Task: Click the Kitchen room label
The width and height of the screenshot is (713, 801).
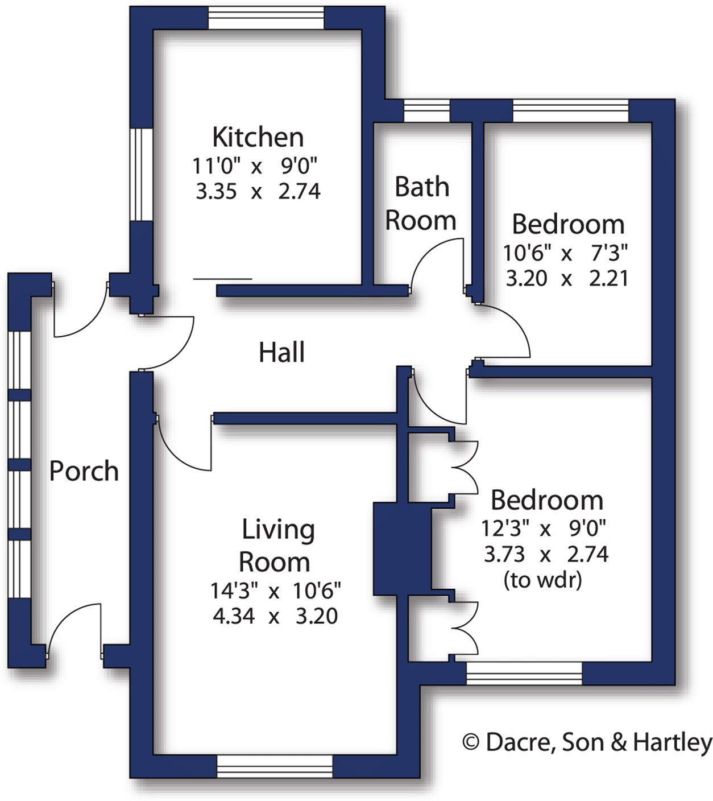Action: point(258,137)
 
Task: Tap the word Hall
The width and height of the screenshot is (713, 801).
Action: point(281,352)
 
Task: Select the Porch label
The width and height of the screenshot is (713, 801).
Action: point(84,471)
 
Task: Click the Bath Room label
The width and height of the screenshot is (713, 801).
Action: point(421,204)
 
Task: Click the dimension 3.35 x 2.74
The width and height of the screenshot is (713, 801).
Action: point(258,191)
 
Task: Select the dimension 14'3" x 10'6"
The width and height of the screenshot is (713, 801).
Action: point(275,591)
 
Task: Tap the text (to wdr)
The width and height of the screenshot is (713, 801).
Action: point(542,580)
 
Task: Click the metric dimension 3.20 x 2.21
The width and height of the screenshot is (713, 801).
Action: point(566,278)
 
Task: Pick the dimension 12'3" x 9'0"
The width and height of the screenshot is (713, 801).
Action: point(544,529)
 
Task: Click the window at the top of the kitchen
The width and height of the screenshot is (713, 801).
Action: point(266,18)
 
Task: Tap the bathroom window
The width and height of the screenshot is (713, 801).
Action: point(426,110)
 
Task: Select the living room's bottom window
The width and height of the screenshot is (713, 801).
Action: point(275,767)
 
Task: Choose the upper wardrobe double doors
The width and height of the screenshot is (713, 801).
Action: point(465,467)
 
